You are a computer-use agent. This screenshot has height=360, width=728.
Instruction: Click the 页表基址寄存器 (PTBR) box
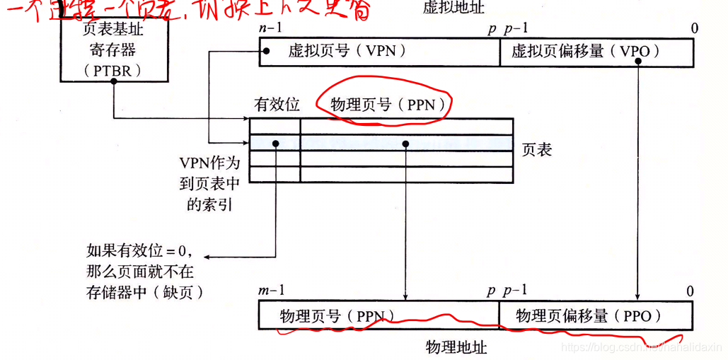(113, 50)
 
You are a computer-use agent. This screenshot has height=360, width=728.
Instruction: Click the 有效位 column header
(277, 105)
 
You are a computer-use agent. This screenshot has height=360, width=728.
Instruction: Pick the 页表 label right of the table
(537, 149)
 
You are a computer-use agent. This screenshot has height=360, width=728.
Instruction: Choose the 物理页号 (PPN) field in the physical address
(337, 316)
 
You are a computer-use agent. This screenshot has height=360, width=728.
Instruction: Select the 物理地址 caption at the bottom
(456, 347)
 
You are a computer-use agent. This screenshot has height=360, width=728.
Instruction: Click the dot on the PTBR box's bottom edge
(114, 81)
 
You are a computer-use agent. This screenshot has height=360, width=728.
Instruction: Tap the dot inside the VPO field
(638, 60)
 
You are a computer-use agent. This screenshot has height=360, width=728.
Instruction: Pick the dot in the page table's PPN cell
(405, 144)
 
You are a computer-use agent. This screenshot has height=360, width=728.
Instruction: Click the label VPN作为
(209, 163)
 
